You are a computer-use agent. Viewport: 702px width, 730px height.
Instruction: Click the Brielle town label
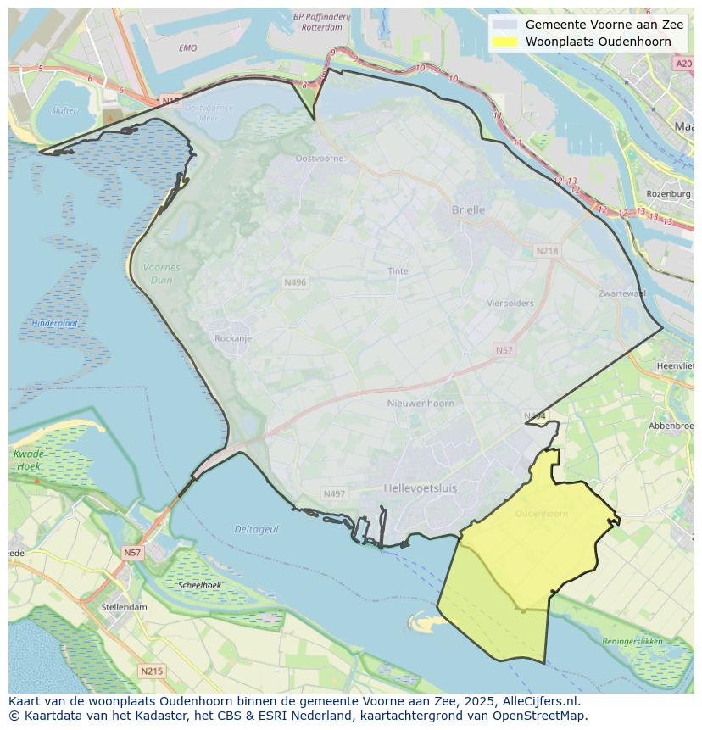(x=468, y=209)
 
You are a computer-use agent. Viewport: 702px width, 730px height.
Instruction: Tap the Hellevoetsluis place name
(x=420, y=488)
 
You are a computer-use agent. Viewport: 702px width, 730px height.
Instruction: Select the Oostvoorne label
(x=320, y=159)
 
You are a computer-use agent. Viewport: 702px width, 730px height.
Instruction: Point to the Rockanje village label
(x=233, y=338)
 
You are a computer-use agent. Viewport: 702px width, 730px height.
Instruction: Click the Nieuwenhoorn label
(x=421, y=404)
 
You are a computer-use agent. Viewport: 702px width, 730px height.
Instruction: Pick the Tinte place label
(x=398, y=271)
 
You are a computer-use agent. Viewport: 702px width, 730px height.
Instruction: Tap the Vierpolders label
(x=510, y=303)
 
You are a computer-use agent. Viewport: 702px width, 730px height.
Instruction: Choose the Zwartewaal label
(x=621, y=293)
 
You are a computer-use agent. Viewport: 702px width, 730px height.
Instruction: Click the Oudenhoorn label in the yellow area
(x=541, y=514)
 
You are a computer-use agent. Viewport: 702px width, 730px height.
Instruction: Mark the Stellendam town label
(x=125, y=607)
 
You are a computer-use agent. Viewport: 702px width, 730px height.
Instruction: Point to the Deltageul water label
(x=256, y=529)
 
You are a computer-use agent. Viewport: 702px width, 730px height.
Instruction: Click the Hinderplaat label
(x=55, y=323)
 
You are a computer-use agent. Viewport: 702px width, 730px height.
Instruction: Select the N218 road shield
(x=547, y=251)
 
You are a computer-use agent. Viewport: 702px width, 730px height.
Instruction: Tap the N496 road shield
(x=295, y=282)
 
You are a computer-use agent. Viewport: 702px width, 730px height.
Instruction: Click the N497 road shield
(x=334, y=493)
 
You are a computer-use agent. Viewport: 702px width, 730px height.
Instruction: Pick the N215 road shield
(x=152, y=671)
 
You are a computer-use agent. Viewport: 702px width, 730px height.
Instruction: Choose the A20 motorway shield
(x=683, y=64)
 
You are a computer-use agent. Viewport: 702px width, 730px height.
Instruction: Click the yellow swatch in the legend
(x=504, y=42)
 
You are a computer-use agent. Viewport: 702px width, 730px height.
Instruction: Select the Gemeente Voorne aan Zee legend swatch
(x=504, y=25)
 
